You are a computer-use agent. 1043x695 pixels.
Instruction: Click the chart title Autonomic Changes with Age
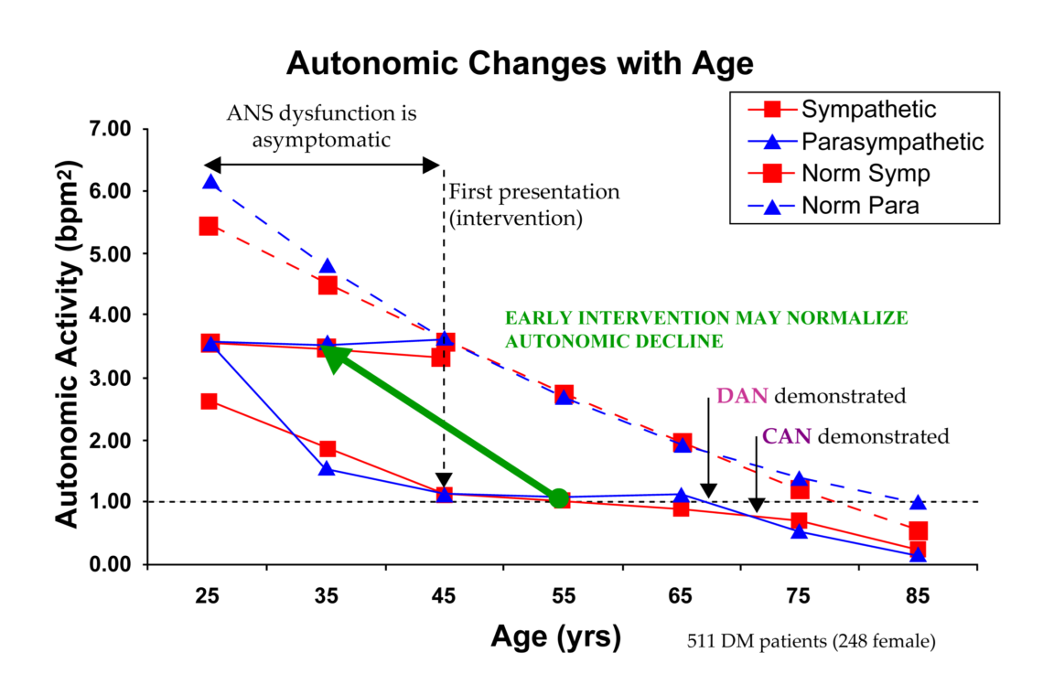(x=520, y=64)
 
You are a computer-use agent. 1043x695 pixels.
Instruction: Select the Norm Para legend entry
(x=860, y=206)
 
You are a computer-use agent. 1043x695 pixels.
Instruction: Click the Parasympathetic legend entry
(x=892, y=142)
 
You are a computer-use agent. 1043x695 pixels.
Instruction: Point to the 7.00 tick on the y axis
(x=109, y=129)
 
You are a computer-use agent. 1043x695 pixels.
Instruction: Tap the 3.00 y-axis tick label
(x=109, y=378)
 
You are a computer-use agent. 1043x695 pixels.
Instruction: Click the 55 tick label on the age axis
(x=563, y=596)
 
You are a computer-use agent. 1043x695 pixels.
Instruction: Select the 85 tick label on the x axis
(x=918, y=596)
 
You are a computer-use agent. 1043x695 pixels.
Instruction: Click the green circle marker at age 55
(x=559, y=497)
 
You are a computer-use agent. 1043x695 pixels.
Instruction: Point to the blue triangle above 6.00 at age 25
(x=210, y=182)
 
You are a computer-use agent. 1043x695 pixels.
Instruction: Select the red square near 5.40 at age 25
(x=209, y=226)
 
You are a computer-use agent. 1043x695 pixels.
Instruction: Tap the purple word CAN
(x=787, y=436)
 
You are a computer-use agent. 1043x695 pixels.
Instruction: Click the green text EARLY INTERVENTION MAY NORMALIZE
(x=706, y=317)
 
